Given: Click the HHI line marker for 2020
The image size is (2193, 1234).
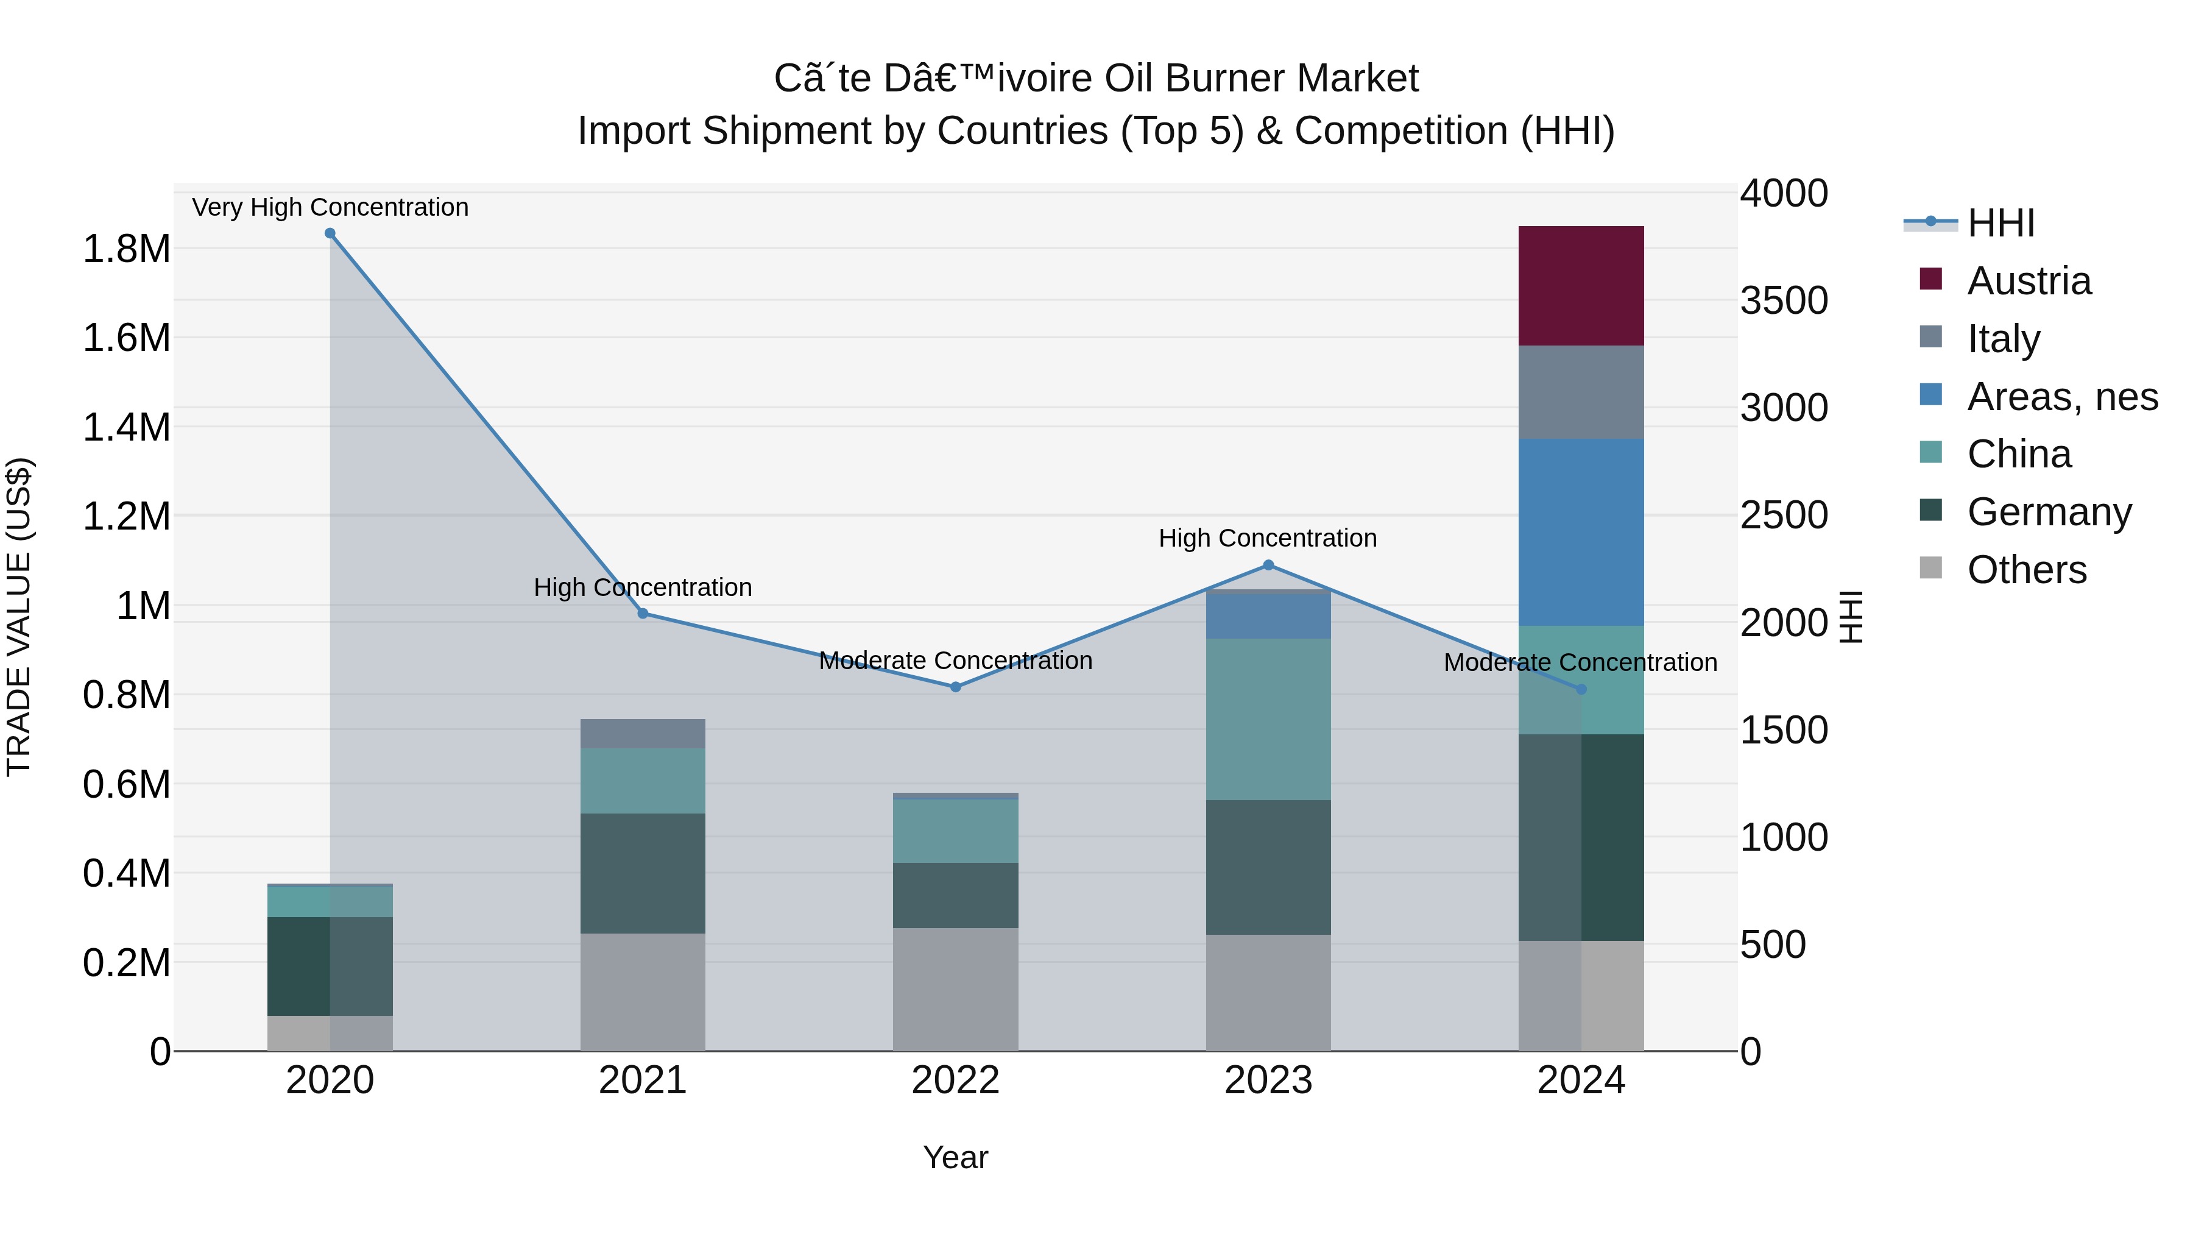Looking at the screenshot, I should coord(330,233).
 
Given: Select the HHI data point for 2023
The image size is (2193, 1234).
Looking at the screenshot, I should coord(1268,566).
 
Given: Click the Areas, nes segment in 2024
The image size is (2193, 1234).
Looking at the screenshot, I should coord(1581,532).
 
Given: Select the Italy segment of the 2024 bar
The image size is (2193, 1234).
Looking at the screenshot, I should coord(1581,392).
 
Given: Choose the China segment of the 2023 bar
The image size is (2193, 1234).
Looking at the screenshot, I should coord(1268,720).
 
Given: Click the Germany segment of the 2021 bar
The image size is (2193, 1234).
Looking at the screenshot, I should coord(643,873).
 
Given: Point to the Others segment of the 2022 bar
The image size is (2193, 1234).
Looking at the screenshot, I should coord(955,989).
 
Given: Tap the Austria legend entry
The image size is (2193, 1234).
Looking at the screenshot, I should coord(2029,281).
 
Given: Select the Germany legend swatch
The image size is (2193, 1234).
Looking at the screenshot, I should coord(1931,511).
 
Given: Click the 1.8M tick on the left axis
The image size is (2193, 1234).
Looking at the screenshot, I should coord(126,249).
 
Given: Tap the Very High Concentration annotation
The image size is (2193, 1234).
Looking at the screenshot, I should coord(330,208).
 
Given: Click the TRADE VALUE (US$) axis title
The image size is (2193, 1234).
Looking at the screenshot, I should coord(19,617).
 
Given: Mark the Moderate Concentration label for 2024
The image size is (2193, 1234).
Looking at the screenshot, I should coord(1580,662).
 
